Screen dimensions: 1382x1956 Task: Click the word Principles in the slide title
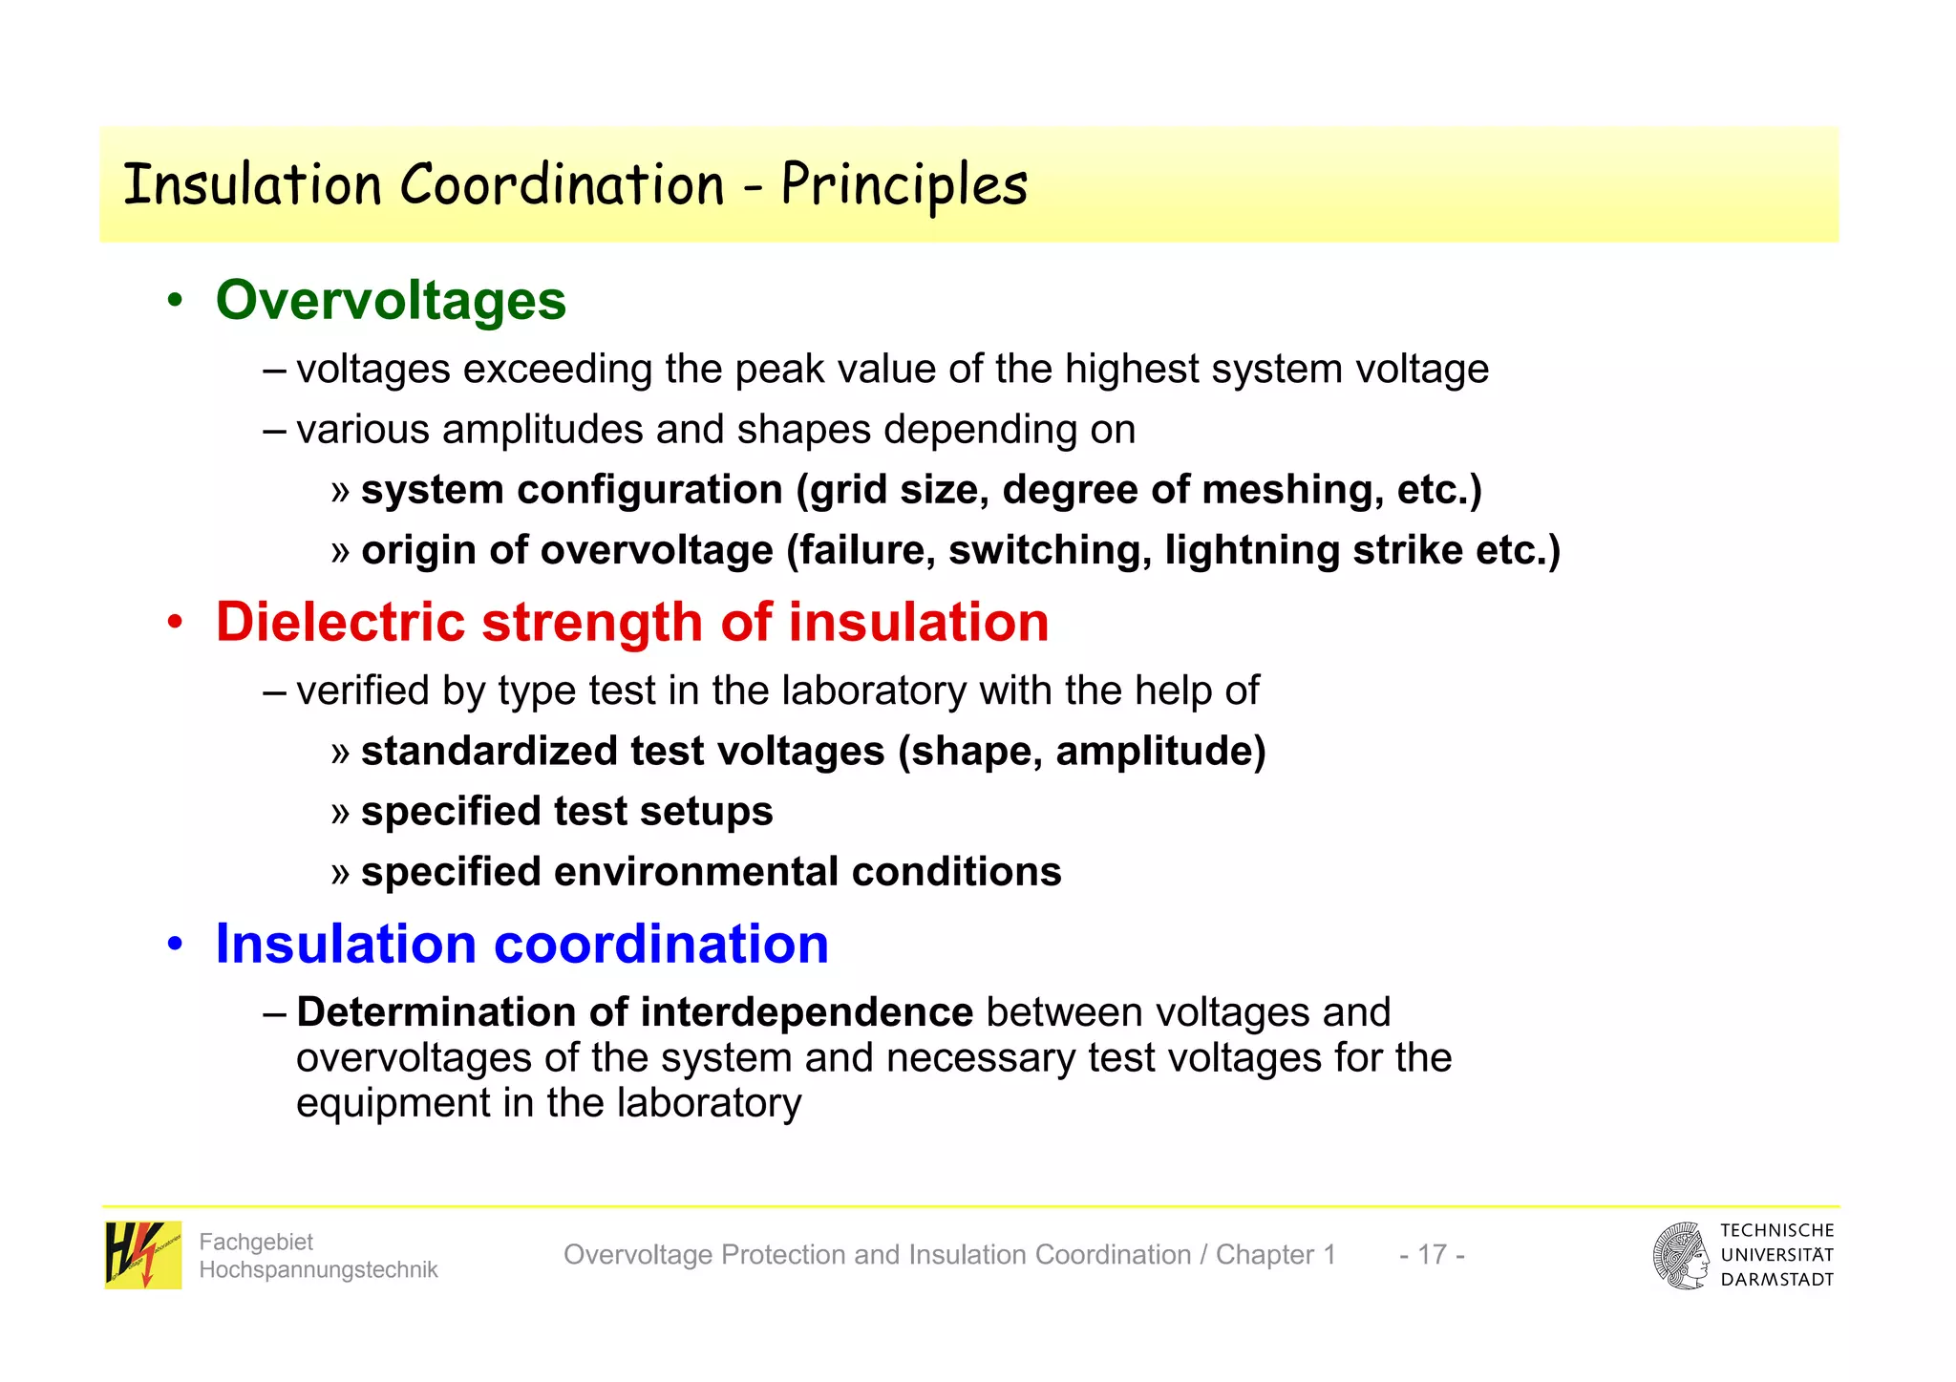pos(904,184)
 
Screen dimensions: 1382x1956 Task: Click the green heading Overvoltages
pos(391,300)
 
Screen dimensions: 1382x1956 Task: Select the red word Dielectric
pos(341,622)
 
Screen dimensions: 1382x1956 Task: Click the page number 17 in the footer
pos(1432,1254)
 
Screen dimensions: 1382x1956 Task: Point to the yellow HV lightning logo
pos(142,1255)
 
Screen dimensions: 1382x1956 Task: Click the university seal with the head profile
pos(1681,1255)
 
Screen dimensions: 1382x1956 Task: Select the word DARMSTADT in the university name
pos(1776,1280)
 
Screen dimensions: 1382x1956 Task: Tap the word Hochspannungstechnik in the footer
pos(318,1269)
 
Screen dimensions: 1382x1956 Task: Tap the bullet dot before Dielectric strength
pos(174,624)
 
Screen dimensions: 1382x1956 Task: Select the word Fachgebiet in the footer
pos(256,1242)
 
